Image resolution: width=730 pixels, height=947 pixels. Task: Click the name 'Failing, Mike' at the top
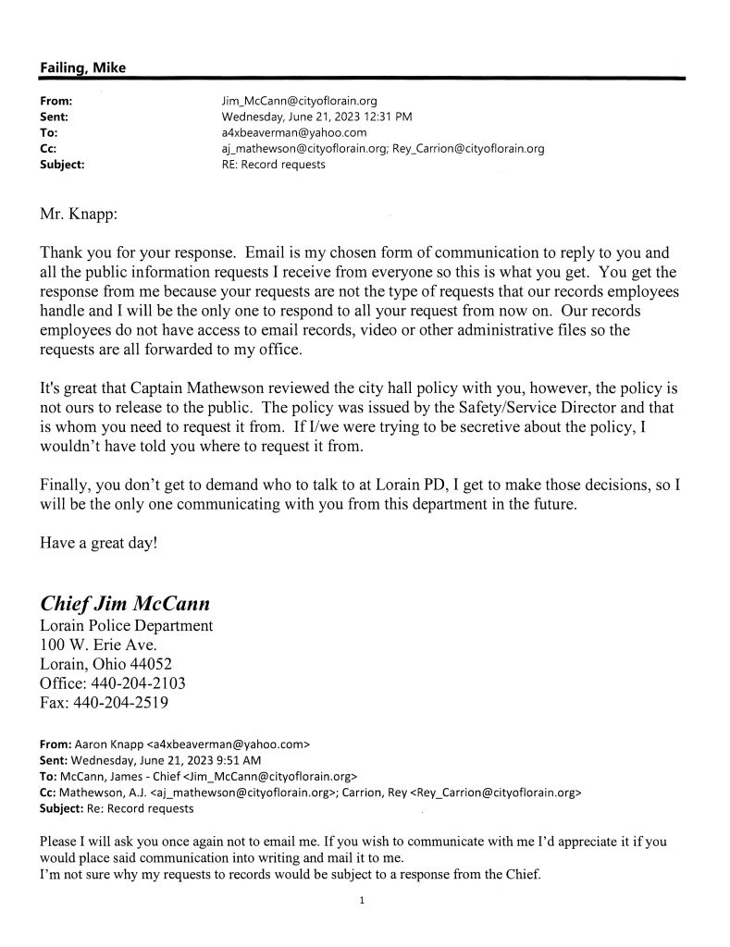tap(82, 68)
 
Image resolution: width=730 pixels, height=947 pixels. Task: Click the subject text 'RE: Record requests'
tap(268, 166)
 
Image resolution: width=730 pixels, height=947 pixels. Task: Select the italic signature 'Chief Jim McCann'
tap(125, 603)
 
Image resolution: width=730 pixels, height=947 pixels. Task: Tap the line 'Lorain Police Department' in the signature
tap(127, 626)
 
